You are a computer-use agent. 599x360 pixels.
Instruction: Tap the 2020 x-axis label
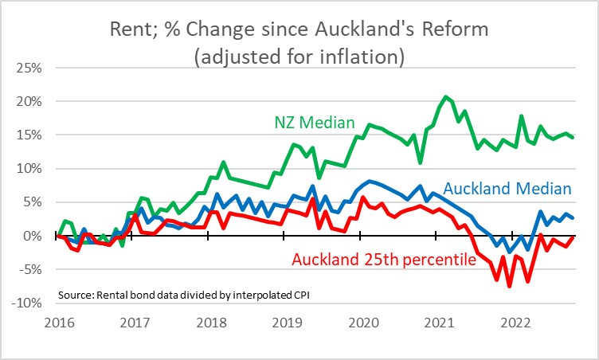pyautogui.click(x=360, y=324)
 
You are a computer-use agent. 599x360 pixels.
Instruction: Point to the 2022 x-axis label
pyautogui.click(x=511, y=324)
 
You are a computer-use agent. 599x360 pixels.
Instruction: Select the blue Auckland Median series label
pyautogui.click(x=507, y=189)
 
